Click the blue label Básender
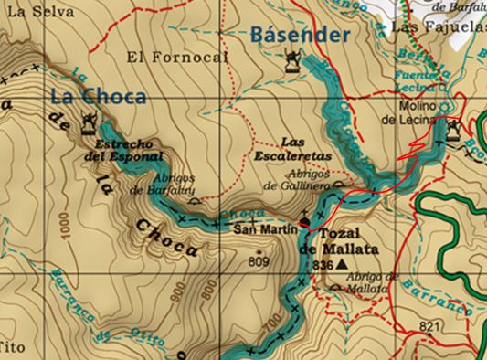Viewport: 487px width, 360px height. [x=300, y=36]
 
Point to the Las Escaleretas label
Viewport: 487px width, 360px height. [x=304, y=149]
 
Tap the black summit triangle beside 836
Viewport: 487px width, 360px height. [x=342, y=264]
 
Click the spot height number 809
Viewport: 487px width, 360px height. [x=259, y=262]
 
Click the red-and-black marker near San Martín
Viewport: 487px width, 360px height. [x=304, y=222]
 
